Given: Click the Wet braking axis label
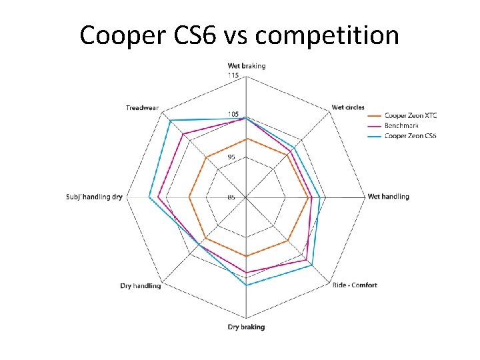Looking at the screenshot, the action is coord(247,65).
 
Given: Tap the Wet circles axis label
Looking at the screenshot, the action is coord(348,107).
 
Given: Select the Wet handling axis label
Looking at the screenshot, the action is coord(388,197).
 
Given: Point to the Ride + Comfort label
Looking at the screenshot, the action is coord(355,285).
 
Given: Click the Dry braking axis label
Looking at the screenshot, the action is coord(246,327).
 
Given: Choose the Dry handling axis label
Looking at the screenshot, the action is coord(140,286).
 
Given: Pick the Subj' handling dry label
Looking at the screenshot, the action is coord(95,197).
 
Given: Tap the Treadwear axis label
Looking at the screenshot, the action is coord(141,108).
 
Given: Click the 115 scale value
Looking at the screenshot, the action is coord(233,75).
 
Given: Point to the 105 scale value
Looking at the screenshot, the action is coord(233,115).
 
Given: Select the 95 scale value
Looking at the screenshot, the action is coord(231,157).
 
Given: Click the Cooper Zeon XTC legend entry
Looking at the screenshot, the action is coord(411,115).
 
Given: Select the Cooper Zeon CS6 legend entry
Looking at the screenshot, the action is coord(411,136).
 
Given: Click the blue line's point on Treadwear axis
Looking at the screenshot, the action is coord(170,121).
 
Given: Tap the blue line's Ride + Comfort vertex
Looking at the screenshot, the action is coord(311,265).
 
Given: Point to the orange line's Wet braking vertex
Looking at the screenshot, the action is coord(247,139).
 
